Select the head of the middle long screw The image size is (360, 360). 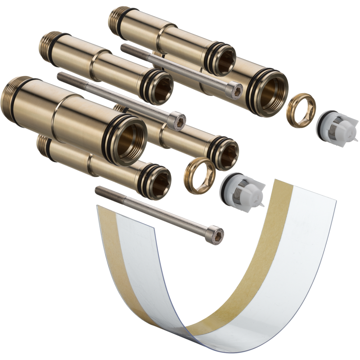pos(177,121)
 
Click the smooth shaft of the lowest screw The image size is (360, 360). pos(153,211)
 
